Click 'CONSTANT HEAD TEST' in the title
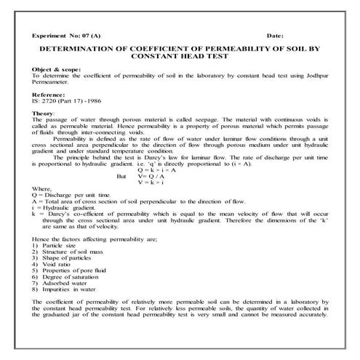coord(180,56)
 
